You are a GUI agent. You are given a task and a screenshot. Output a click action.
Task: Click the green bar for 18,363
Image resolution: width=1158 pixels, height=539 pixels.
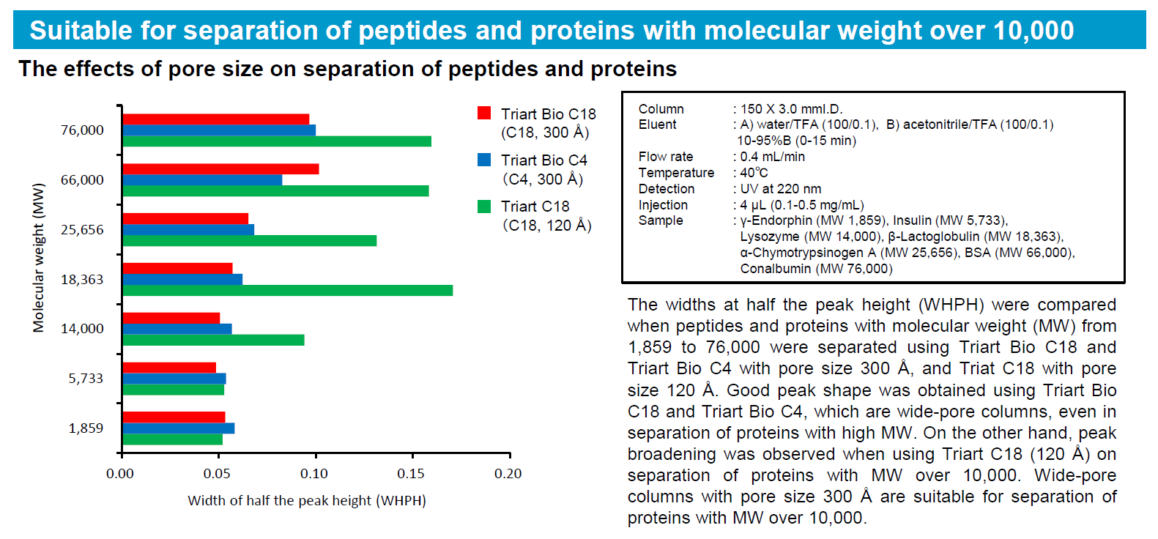click(287, 291)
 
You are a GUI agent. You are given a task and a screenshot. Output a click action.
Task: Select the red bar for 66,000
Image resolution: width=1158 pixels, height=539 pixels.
click(220, 169)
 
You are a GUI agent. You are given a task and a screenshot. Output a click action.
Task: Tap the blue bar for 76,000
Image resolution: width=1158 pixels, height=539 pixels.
click(219, 130)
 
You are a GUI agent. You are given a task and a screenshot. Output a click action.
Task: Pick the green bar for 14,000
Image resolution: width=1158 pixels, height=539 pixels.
click(213, 340)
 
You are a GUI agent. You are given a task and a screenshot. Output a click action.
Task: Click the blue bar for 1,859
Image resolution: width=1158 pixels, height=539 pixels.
click(179, 428)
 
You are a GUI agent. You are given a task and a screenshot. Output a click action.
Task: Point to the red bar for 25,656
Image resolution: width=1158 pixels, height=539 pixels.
click(185, 218)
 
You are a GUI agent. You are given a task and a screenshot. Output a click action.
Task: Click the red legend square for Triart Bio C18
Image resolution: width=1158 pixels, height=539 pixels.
click(484, 114)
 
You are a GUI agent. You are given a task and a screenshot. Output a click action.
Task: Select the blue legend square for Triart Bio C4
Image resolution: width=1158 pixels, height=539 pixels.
click(484, 160)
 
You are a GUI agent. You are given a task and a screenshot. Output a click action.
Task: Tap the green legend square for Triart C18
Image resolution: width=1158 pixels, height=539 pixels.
click(484, 207)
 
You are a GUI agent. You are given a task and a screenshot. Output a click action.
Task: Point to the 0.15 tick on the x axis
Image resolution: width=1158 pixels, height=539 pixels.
click(412, 456)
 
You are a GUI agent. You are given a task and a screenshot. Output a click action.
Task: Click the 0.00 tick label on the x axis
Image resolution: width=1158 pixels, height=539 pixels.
click(120, 474)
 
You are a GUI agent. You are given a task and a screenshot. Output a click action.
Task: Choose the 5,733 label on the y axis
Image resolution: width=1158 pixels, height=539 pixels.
click(86, 379)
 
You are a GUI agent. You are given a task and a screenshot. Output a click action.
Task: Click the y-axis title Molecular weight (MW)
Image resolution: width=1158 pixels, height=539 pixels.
click(38, 257)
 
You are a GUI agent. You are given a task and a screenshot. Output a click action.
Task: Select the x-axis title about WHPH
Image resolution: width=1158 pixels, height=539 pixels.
click(307, 500)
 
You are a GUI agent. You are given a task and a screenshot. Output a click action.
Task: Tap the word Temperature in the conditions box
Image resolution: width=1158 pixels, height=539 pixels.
click(676, 173)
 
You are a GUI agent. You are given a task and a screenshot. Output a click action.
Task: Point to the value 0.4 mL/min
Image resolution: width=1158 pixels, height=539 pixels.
click(772, 157)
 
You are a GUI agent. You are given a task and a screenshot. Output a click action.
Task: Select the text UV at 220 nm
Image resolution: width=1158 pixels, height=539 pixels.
click(780, 189)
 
